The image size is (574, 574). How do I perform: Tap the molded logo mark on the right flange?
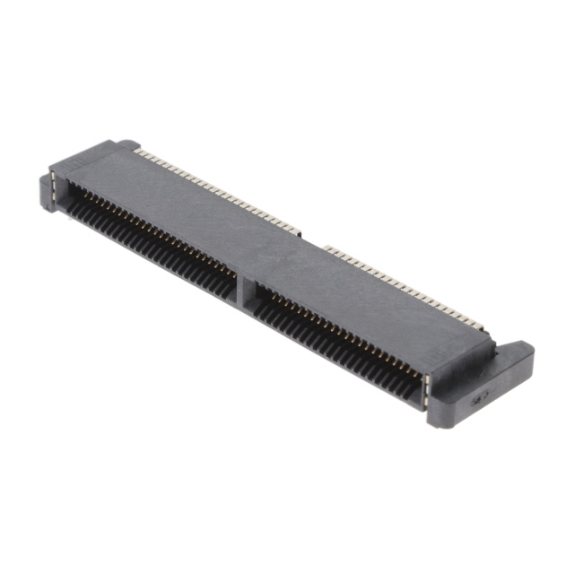[x=481, y=396]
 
